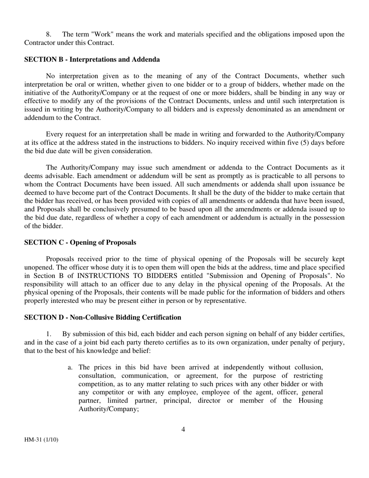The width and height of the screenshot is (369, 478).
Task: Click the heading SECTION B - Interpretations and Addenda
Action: click(92, 59)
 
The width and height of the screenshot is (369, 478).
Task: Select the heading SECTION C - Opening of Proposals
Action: click(80, 242)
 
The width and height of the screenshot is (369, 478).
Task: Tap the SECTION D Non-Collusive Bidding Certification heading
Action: click(103, 318)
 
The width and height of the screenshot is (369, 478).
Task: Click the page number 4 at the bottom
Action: click(183, 429)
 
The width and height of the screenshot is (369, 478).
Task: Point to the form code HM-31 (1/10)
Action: click(41, 440)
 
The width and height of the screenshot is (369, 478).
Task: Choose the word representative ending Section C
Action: click(225, 301)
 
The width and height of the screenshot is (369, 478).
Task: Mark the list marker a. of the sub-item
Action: click(70, 367)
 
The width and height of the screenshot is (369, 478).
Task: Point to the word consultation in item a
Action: click(97, 376)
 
